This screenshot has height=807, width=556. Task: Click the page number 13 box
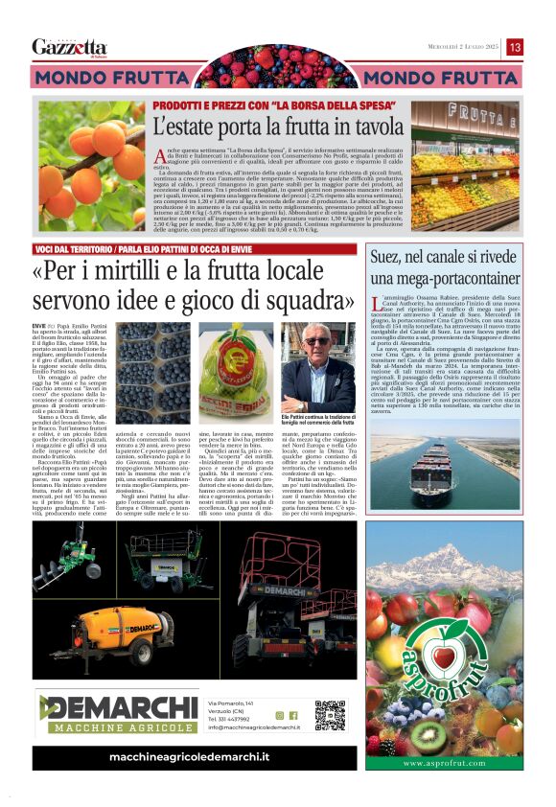pos(515,47)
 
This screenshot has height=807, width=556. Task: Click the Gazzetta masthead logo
pos(69,47)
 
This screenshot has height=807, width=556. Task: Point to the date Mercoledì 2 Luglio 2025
pos(452,47)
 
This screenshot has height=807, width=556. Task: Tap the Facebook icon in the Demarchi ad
pos(293,715)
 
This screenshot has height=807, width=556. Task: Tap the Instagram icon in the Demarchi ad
pos(280,715)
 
